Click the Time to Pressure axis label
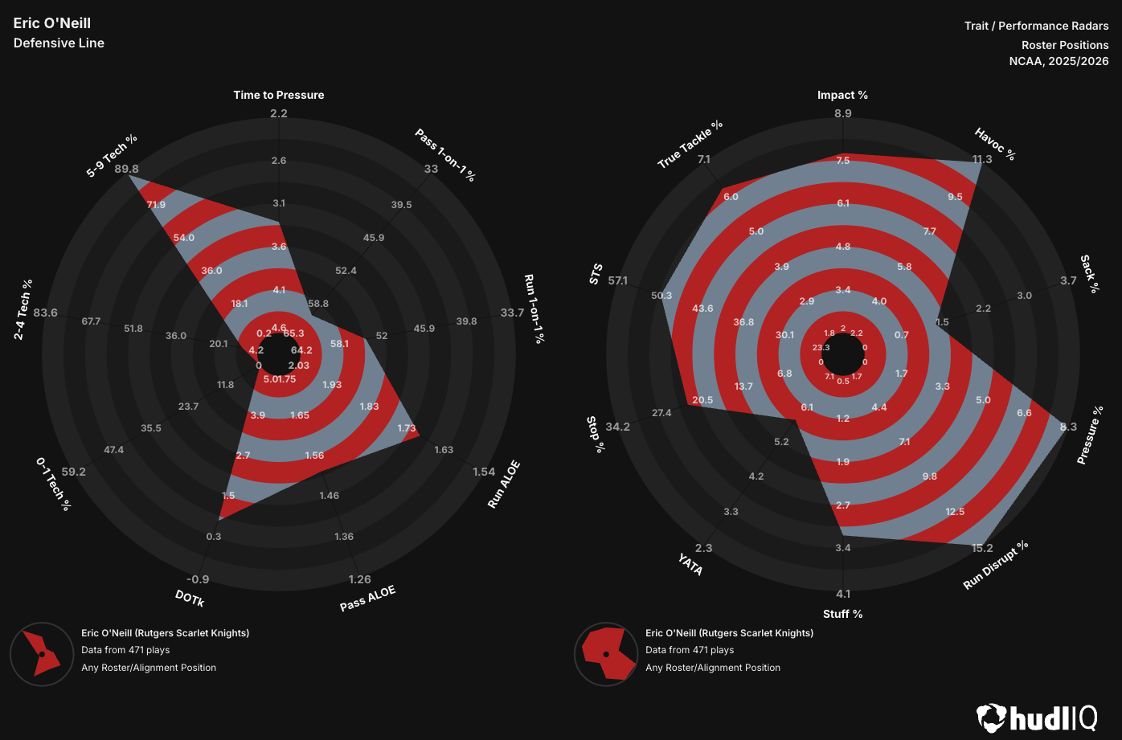(x=279, y=95)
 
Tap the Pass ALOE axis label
(x=367, y=599)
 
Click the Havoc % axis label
(x=995, y=144)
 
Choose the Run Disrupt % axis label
(x=996, y=566)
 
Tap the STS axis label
(x=596, y=274)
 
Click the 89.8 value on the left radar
(x=127, y=169)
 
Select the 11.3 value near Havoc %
(x=982, y=159)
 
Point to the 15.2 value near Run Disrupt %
(x=982, y=548)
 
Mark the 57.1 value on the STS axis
(x=619, y=280)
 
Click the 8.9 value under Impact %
(x=842, y=113)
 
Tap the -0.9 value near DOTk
(x=198, y=579)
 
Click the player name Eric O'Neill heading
(x=52, y=23)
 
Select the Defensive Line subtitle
(x=59, y=43)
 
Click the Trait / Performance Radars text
(x=1036, y=26)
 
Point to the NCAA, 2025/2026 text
(x=1059, y=61)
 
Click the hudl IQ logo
(x=1037, y=717)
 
